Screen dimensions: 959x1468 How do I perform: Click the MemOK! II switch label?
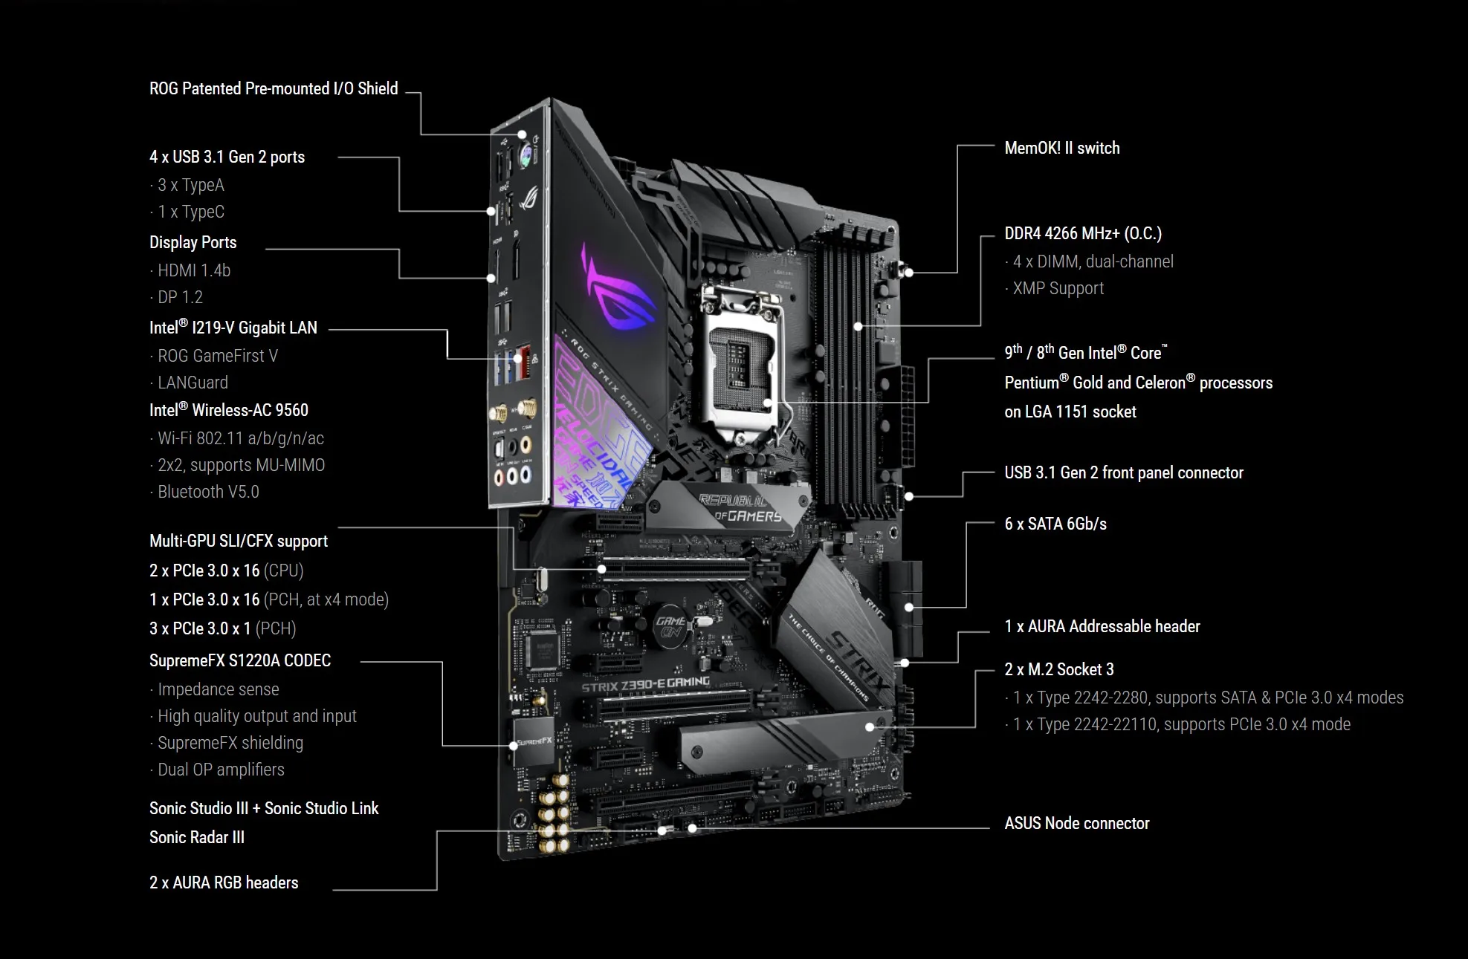click(x=1061, y=148)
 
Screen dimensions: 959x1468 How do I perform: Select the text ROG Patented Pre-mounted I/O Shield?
click(x=274, y=88)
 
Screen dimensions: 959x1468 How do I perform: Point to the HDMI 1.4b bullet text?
click(x=193, y=270)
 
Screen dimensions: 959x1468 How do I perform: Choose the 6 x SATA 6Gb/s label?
click(x=1055, y=524)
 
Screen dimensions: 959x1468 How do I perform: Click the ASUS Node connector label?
click(x=1076, y=823)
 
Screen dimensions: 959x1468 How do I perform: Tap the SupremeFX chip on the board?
click(x=534, y=740)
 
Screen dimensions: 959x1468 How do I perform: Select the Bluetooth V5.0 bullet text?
click(x=208, y=492)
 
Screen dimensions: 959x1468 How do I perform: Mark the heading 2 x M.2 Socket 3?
click(x=1059, y=669)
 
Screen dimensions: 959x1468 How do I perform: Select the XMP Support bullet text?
click(x=1058, y=288)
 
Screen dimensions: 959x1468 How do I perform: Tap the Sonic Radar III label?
click(x=197, y=837)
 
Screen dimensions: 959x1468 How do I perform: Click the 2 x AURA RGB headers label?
click(x=224, y=882)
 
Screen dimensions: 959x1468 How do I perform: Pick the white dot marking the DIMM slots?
click(x=859, y=326)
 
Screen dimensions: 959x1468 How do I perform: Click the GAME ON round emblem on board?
click(x=670, y=625)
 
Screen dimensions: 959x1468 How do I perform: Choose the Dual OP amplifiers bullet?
click(x=221, y=770)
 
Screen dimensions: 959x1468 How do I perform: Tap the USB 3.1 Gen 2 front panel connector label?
click(x=1123, y=472)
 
